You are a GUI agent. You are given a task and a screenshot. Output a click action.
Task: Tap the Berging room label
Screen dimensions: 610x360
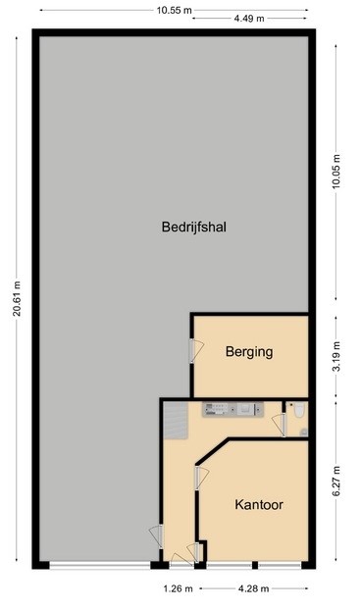[248, 352]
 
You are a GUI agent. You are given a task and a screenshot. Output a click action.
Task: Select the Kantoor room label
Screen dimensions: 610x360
[259, 506]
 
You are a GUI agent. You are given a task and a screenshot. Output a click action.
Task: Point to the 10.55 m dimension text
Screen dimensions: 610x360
[174, 10]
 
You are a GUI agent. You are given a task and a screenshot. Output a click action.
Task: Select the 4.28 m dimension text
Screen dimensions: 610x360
[253, 588]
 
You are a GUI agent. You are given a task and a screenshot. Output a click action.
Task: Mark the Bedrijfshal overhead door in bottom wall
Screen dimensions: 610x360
[99, 566]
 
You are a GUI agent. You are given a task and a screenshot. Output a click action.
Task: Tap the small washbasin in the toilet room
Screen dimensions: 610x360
[304, 432]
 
